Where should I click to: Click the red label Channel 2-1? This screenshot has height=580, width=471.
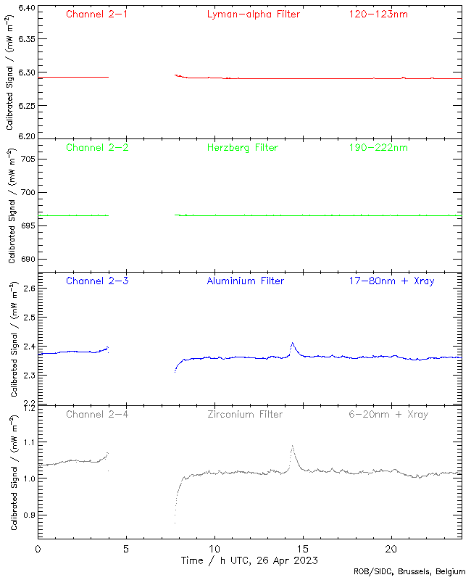coord(97,14)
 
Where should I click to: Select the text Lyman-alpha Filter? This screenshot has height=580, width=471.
coord(253,14)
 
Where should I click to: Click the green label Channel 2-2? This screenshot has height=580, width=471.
coord(97,147)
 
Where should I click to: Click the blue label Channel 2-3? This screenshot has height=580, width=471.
coord(97,281)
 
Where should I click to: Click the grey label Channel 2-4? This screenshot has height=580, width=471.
coord(97,414)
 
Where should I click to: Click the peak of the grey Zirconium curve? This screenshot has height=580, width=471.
coord(292,446)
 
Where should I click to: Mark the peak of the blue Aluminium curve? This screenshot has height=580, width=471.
coord(292,343)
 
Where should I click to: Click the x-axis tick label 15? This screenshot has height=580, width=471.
coord(303,549)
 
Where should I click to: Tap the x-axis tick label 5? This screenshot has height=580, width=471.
coord(126,549)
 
